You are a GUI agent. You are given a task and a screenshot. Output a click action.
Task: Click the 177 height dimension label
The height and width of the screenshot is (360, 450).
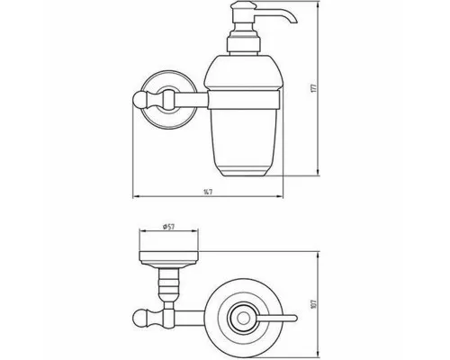[314, 88]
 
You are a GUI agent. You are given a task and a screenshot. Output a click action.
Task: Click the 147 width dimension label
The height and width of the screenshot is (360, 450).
[208, 192]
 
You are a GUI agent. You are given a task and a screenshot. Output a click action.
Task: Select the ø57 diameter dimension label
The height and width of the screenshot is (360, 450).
[169, 227]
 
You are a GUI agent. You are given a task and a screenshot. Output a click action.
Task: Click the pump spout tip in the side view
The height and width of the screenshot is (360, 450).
[294, 22]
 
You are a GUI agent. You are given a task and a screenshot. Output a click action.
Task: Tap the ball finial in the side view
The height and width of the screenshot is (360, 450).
[139, 100]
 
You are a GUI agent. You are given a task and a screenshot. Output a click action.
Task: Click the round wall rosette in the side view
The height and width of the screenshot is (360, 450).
[169, 100]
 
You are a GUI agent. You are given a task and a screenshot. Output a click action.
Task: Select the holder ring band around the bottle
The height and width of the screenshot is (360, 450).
[244, 100]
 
